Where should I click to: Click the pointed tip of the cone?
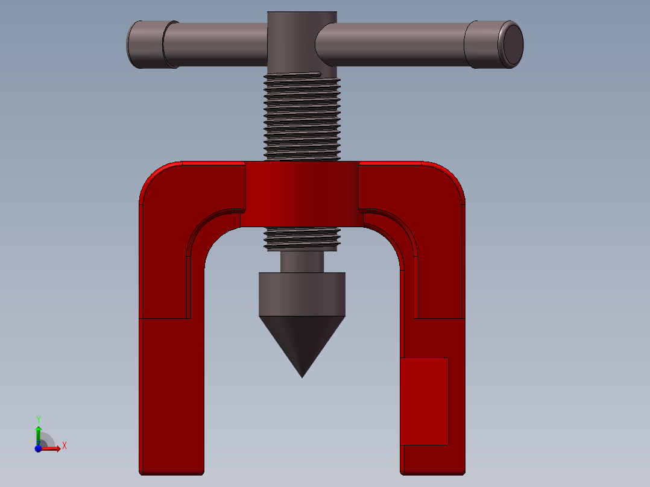302,377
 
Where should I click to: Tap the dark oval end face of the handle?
513,44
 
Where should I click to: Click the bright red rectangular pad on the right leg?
424,401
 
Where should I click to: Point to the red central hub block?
302,194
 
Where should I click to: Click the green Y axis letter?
39,419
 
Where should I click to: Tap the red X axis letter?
65,446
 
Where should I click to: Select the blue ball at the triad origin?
38,449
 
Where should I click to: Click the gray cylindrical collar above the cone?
302,294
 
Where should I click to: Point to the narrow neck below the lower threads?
302,262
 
